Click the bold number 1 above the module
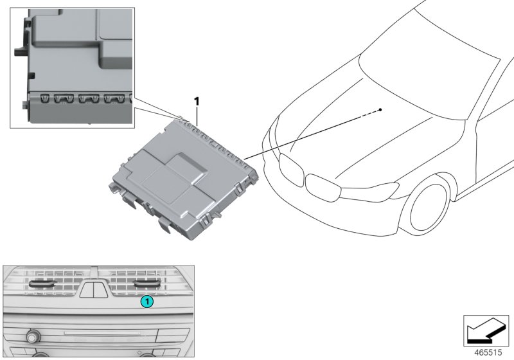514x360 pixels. point(197,101)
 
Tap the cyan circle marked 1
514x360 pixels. point(147,300)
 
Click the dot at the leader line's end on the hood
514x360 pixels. point(381,110)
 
